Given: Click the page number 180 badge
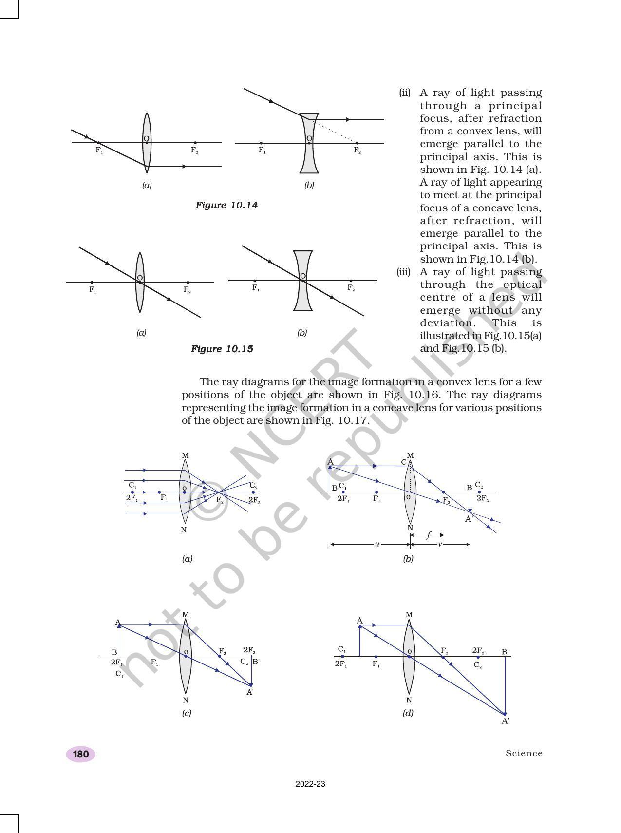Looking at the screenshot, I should [80, 754].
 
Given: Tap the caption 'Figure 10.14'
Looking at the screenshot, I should [226, 205].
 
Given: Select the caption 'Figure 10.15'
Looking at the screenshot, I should [222, 349].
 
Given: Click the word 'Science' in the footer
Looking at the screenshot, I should [524, 753].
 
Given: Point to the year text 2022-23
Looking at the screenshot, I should [310, 784].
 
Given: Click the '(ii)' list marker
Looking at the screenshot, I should [405, 93].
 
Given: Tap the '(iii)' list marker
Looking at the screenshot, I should [404, 272].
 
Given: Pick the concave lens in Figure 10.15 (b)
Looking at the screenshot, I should [302, 297].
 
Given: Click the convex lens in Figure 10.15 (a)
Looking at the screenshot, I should [140, 297].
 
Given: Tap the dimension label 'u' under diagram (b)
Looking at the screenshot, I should [377, 544].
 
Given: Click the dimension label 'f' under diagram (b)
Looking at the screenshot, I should [428, 535].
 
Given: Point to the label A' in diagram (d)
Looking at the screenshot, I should [506, 721].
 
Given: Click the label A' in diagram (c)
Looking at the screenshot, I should [250, 692].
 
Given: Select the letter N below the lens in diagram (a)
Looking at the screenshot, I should [184, 530].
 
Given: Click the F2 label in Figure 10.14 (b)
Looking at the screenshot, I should [358, 151].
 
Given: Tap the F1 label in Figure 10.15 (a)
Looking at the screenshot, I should [93, 290].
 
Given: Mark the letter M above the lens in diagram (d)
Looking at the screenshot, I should [409, 615].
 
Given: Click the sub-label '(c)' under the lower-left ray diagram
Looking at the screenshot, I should [187, 713].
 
